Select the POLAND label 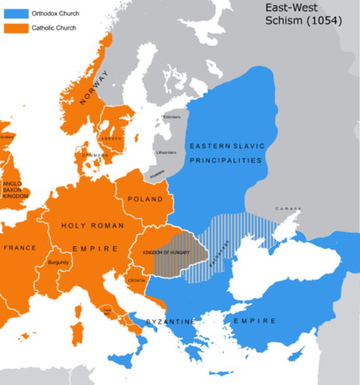click(x=145, y=199)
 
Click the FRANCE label click(x=17, y=249)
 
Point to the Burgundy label click(x=59, y=262)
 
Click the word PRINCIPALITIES click(x=227, y=160)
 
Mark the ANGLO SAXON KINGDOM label click(x=17, y=189)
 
